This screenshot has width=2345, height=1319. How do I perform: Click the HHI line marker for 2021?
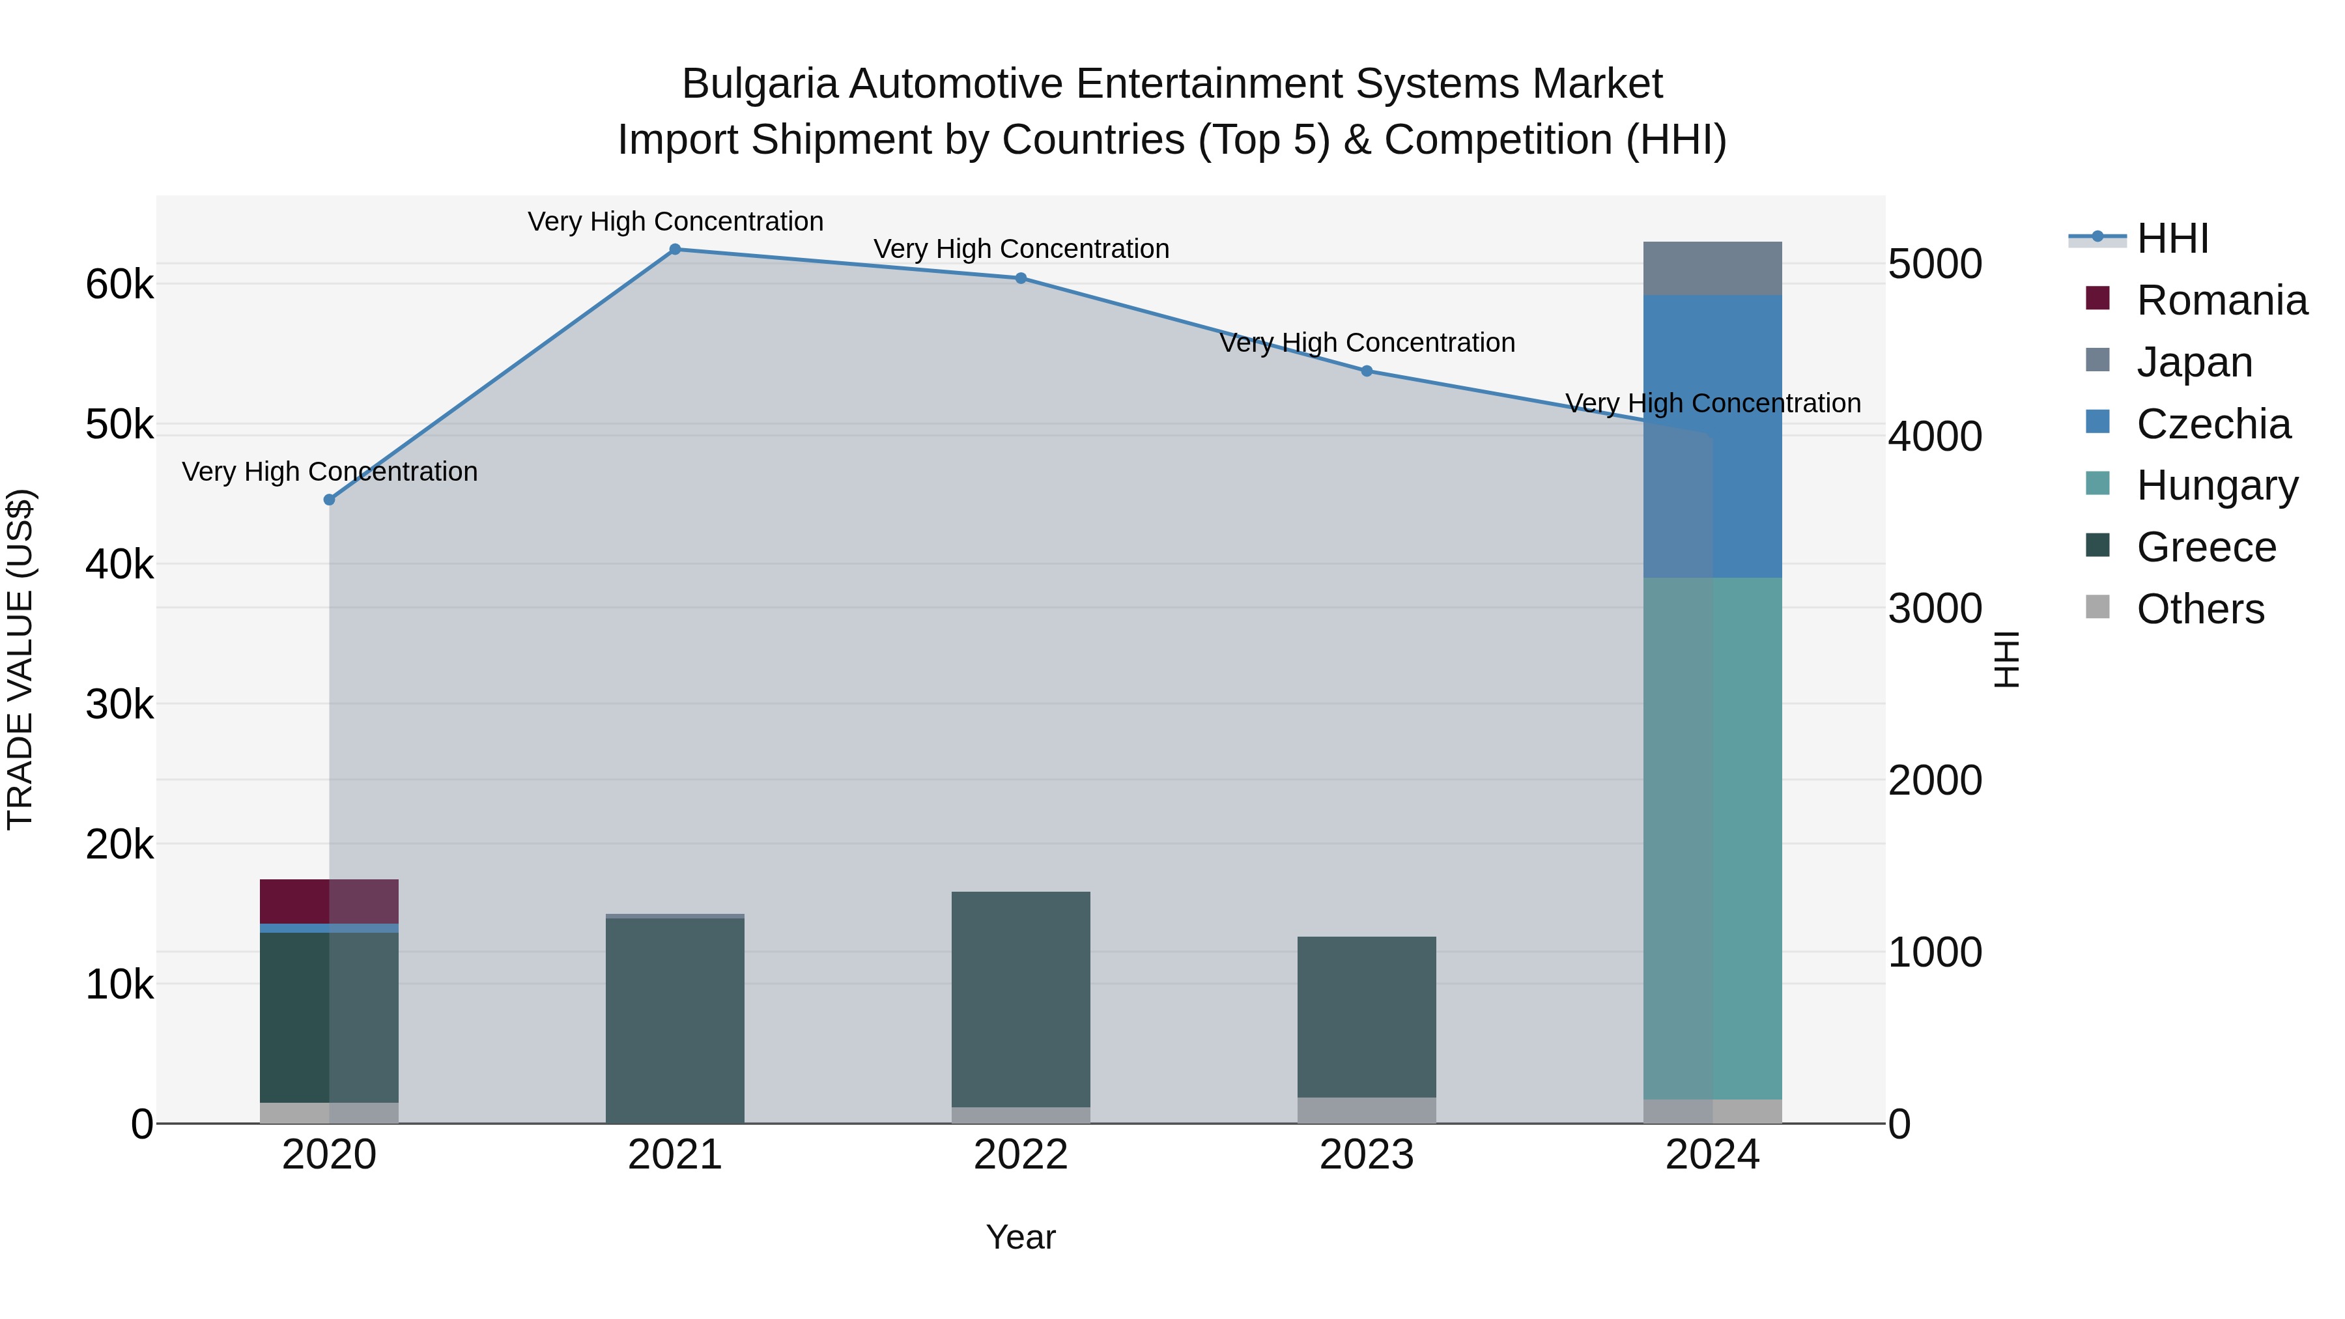coord(675,249)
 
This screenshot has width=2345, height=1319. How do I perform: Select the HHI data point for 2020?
coord(330,500)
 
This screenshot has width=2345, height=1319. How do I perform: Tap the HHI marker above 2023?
coord(1367,371)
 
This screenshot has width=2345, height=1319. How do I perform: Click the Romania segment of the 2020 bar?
coord(329,901)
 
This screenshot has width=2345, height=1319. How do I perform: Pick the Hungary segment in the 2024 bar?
coord(1713,838)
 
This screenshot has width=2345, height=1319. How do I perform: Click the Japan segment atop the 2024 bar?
coord(1713,268)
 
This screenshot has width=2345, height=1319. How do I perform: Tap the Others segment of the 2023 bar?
coord(1367,1110)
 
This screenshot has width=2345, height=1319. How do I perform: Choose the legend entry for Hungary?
coord(2217,485)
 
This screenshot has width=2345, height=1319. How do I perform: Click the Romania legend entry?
coord(2221,300)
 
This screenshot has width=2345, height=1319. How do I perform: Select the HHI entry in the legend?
coord(2172,238)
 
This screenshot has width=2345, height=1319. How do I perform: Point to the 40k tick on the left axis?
coord(119,564)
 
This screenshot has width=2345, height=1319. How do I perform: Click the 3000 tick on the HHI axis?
coord(1935,608)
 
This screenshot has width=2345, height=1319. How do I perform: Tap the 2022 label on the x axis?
coord(1021,1155)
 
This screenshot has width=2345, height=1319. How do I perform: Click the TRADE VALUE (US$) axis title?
coord(20,659)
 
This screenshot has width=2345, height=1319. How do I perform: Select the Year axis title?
coord(1021,1237)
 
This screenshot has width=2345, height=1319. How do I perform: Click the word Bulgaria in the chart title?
coord(760,84)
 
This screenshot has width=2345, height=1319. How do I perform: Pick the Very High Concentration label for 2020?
coord(330,472)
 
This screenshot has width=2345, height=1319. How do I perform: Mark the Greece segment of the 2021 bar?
coord(675,1019)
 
